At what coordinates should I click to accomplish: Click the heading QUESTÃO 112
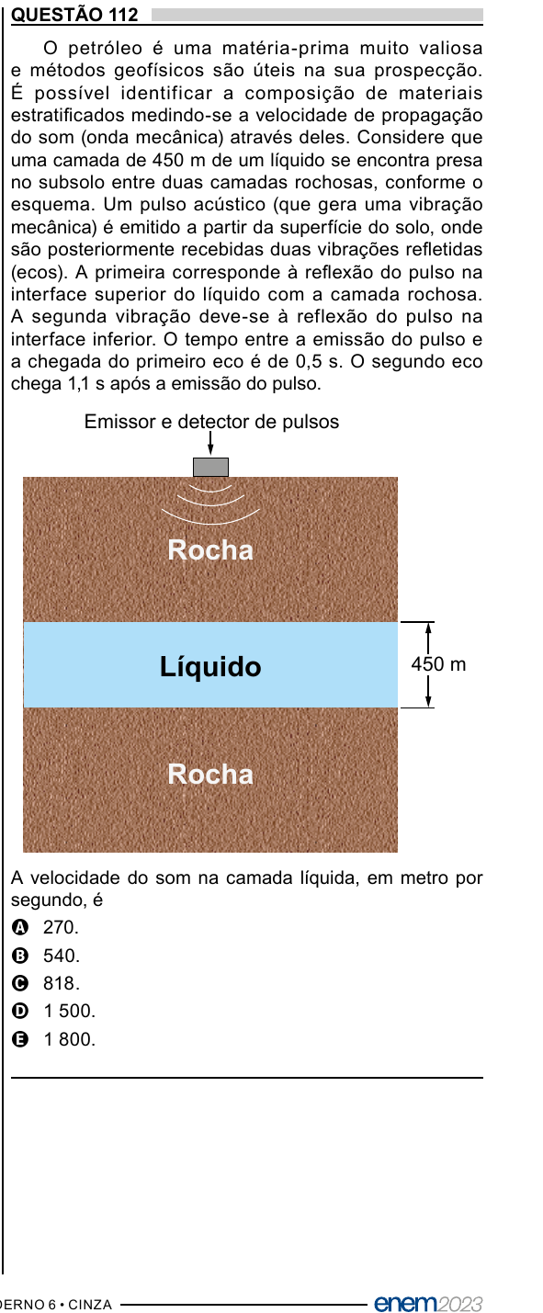pyautogui.click(x=74, y=14)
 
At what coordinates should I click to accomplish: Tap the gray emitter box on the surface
pyautogui.click(x=210, y=467)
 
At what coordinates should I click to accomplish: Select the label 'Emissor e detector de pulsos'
pyautogui.click(x=211, y=422)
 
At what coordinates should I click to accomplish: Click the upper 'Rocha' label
pyautogui.click(x=210, y=549)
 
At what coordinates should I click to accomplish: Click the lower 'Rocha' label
pyautogui.click(x=210, y=774)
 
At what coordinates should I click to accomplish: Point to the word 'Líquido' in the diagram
pyautogui.click(x=210, y=667)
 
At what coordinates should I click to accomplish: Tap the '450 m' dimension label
pyautogui.click(x=438, y=664)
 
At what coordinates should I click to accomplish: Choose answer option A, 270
pyautogui.click(x=45, y=927)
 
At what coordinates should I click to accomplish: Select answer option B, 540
pyautogui.click(x=46, y=956)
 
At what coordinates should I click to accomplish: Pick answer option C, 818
pyautogui.click(x=46, y=983)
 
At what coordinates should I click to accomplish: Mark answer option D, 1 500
pyautogui.click(x=53, y=1011)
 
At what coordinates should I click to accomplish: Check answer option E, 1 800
pyautogui.click(x=53, y=1039)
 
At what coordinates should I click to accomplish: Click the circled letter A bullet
pyautogui.click(x=20, y=927)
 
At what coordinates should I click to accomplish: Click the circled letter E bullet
pyautogui.click(x=20, y=1040)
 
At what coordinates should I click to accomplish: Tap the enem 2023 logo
pyautogui.click(x=429, y=1303)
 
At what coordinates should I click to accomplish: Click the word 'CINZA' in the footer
pyautogui.click(x=90, y=1304)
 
